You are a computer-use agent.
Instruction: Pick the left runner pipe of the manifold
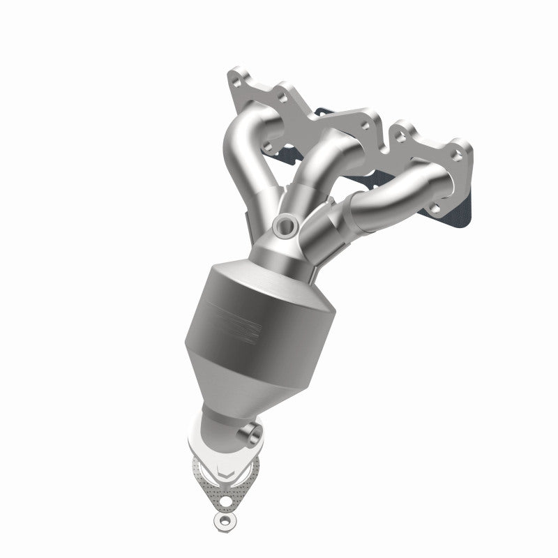[x=244, y=160]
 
